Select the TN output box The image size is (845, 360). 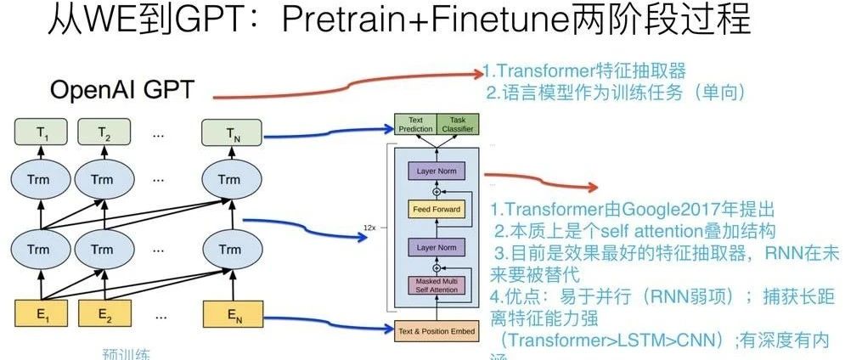(228, 132)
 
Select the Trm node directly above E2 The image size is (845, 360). (103, 250)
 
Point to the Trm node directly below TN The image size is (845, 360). (228, 180)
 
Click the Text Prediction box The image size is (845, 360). (414, 125)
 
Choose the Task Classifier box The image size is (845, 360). (457, 125)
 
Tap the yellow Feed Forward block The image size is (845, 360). (437, 209)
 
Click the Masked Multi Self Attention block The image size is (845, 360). (437, 285)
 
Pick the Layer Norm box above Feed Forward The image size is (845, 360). (437, 172)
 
